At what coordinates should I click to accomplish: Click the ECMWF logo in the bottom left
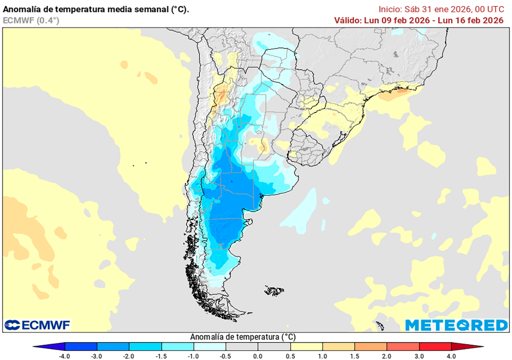click(37, 325)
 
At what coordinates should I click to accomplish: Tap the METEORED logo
click(456, 325)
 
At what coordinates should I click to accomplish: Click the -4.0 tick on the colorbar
click(64, 356)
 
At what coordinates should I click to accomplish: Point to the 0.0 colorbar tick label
click(258, 356)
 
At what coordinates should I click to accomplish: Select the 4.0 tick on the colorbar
click(451, 356)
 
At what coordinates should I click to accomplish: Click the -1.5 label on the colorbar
click(161, 356)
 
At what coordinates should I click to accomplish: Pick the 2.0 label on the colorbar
click(387, 356)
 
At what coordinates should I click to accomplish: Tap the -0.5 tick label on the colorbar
click(225, 356)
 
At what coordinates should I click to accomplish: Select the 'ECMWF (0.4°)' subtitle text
click(31, 20)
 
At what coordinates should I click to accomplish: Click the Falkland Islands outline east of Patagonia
click(274, 289)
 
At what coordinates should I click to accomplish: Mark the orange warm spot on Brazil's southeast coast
click(398, 92)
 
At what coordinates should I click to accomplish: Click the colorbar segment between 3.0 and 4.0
click(435, 346)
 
